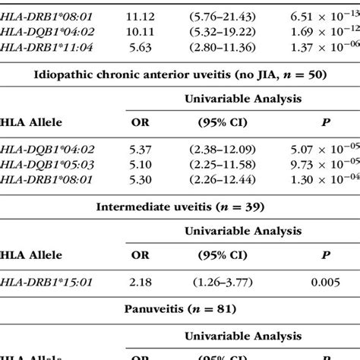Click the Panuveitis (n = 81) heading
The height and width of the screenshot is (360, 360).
[x=180, y=310]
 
